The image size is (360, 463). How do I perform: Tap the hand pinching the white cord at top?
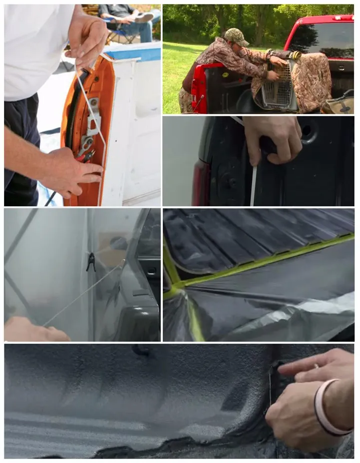coord(88,35)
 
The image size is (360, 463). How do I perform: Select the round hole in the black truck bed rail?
coord(306,131)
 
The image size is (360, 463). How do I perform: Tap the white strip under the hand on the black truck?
coord(254,185)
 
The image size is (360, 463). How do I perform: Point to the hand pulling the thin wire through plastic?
coord(30,330)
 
